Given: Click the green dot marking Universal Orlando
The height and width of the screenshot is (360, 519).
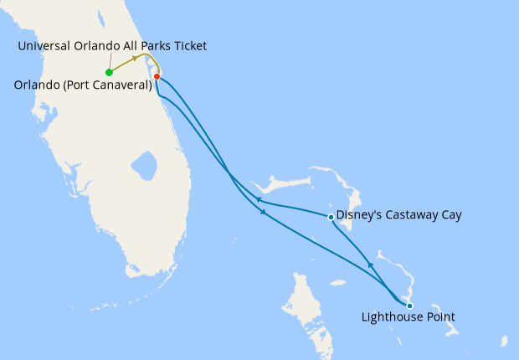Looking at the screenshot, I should point(109,72).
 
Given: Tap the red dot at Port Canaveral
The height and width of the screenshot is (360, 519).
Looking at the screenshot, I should point(157,77).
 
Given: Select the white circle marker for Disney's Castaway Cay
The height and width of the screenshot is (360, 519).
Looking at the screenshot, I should point(331,217).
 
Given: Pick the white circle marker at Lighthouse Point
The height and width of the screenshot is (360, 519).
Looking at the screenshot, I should point(409,306).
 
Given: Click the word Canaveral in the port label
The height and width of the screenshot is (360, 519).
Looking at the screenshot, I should point(122,85).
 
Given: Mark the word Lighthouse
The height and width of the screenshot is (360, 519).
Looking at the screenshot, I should point(391,317).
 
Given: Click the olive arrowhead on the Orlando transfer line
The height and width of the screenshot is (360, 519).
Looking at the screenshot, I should point(136,59).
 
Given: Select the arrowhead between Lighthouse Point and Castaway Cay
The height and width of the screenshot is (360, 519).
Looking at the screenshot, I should point(369,266).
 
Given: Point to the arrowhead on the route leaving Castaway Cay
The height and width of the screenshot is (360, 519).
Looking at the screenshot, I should point(259,200).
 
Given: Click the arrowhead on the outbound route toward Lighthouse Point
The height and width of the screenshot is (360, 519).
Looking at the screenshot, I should point(265,213).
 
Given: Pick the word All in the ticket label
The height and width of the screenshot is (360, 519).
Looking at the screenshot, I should point(123,46).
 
